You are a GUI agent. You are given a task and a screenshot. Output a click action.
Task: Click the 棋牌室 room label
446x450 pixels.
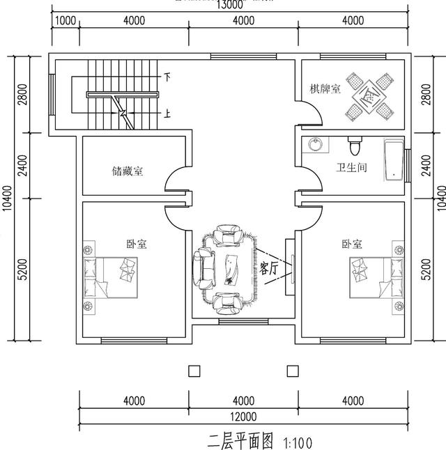325,89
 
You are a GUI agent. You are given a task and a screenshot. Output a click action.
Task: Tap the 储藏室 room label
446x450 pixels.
128,170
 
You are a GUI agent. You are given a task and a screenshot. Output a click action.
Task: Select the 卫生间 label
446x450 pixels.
351,168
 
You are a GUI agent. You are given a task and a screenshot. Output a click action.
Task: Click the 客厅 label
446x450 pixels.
269,268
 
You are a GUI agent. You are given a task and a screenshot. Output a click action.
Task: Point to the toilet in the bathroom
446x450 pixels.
354,147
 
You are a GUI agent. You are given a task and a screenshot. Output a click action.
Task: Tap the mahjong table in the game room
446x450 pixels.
369,95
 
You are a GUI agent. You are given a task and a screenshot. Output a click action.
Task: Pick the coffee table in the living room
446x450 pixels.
231,267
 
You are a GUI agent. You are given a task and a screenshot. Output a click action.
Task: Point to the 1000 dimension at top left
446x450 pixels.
65,20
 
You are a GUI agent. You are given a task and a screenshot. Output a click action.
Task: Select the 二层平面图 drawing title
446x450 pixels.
241,440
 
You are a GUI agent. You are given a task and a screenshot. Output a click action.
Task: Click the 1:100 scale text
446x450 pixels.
298,442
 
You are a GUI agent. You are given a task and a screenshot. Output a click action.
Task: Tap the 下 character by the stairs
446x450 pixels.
167,75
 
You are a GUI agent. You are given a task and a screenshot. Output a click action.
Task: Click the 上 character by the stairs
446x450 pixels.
167,114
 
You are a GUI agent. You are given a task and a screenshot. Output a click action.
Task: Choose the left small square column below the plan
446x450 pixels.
194,370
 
